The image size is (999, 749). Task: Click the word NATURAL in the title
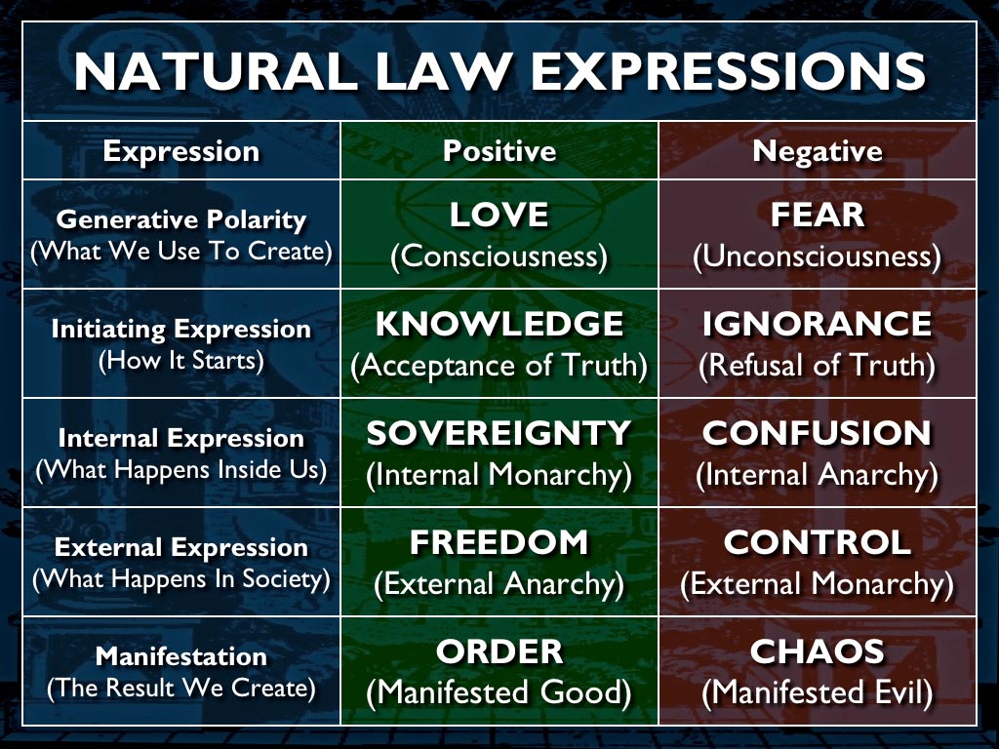(216, 71)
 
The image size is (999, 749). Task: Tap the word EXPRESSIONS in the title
(728, 71)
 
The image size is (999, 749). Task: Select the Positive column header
(499, 151)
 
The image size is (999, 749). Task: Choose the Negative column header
(818, 151)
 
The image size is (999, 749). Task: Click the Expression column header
(181, 152)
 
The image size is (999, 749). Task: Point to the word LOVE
(499, 215)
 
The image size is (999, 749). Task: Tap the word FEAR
(818, 215)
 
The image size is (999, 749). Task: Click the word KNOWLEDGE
(499, 324)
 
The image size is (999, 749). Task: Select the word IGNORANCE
(818, 324)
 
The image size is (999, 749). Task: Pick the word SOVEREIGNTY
(499, 433)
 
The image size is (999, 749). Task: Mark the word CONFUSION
(818, 433)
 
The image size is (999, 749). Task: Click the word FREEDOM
(499, 542)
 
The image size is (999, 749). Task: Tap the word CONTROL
(818, 542)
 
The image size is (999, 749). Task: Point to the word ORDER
(499, 651)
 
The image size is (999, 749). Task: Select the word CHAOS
(818, 651)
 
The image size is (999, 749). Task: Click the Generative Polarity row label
(181, 219)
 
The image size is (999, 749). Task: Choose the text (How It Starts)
(181, 361)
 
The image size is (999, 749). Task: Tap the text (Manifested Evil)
(818, 693)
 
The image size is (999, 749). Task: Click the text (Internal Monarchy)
(499, 475)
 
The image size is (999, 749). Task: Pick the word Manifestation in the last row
(181, 656)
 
